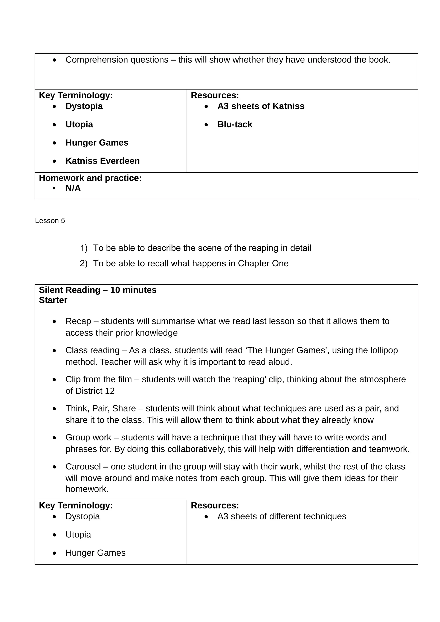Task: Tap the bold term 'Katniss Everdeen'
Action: (x=102, y=161)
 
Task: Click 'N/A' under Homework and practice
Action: (x=73, y=188)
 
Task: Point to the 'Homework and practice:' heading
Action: (x=90, y=178)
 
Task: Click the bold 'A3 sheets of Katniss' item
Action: (x=261, y=106)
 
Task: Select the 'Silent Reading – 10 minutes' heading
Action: (x=98, y=290)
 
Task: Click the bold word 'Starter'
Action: (x=53, y=300)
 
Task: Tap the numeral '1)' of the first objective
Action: (x=84, y=248)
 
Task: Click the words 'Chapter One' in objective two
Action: (x=263, y=263)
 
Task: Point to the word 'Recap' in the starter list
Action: (x=78, y=321)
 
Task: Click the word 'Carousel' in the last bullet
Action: (x=83, y=467)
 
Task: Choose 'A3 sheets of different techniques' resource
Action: (x=282, y=516)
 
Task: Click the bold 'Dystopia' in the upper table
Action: (x=84, y=106)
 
